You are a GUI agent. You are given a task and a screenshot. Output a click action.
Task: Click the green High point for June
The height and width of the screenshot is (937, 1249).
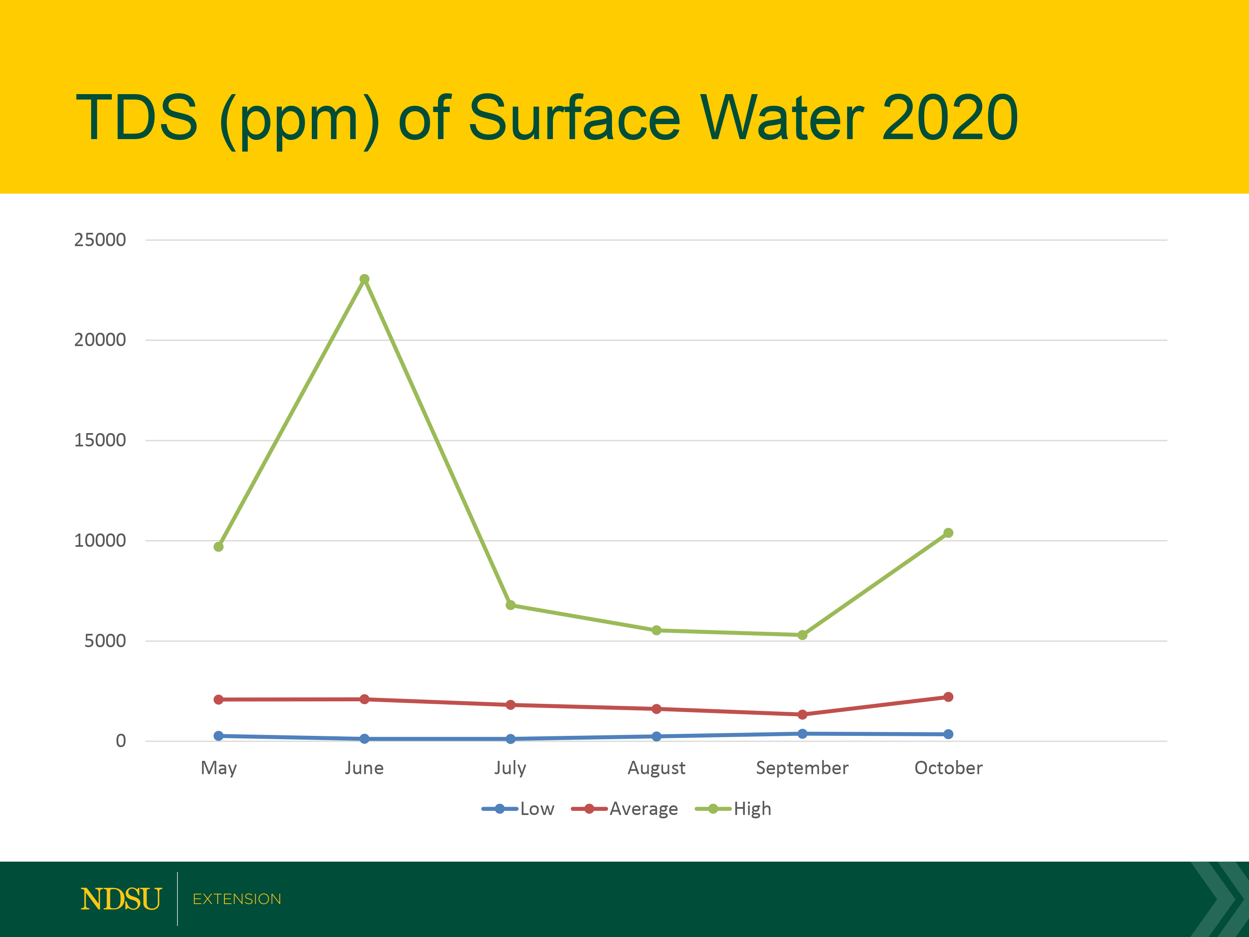click(x=365, y=279)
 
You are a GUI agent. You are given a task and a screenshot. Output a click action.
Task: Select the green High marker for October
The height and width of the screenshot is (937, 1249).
click(x=948, y=533)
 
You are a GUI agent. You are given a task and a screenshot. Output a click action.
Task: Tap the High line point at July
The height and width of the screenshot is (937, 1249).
click(x=510, y=605)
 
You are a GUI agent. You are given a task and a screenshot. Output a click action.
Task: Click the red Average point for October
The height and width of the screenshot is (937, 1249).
click(x=948, y=697)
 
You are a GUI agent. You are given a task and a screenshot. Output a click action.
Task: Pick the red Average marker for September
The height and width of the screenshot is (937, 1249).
click(x=802, y=715)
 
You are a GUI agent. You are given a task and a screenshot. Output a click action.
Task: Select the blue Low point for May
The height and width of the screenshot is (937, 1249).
click(x=219, y=736)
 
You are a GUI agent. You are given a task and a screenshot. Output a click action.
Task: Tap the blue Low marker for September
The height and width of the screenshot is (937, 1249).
click(x=802, y=734)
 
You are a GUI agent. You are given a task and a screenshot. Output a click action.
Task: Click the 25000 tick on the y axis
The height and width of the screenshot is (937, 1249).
click(x=100, y=240)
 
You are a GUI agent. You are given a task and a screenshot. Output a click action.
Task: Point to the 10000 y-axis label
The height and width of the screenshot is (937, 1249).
click(x=100, y=541)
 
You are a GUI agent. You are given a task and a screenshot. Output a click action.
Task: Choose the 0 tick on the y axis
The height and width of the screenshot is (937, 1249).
click(x=121, y=741)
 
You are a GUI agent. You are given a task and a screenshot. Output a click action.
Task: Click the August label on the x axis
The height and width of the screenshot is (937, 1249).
click(x=656, y=768)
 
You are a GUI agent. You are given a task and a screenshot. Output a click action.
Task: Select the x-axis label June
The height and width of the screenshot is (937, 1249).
click(x=364, y=768)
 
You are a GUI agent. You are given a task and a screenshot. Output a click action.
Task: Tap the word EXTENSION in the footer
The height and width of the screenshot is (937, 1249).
click(x=236, y=899)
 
